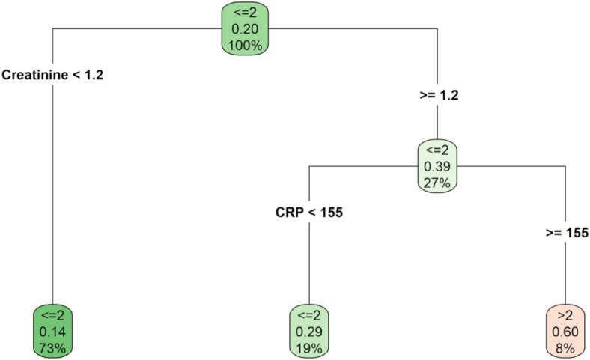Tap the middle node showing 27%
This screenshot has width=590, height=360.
[438, 165]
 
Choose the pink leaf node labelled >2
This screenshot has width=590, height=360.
[566, 331]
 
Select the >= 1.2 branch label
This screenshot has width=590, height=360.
[437, 96]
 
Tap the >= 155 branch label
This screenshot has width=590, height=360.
[565, 233]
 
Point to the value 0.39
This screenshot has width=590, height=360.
[438, 165]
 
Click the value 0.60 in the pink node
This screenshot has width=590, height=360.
[566, 331]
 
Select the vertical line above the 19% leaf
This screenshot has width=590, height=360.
[309, 262]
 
